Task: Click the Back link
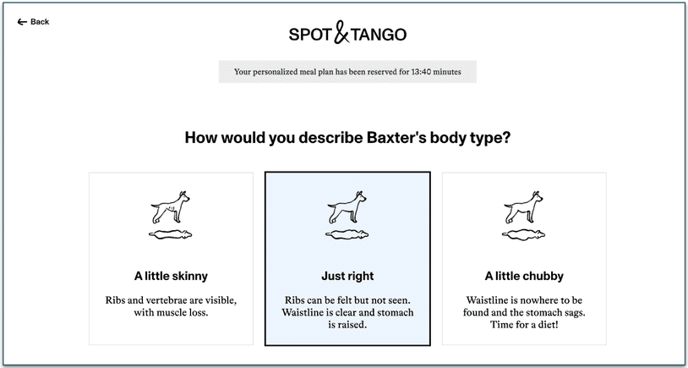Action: tap(39, 22)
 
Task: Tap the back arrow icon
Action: tap(22, 22)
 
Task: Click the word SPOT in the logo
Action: tap(309, 35)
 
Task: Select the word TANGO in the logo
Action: tap(379, 35)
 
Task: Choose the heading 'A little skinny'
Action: tap(171, 276)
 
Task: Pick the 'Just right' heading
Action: tap(347, 276)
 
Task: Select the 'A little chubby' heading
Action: tap(524, 276)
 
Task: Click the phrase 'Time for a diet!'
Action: tap(524, 325)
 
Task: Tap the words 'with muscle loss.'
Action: tap(171, 313)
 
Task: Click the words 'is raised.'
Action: tap(347, 325)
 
